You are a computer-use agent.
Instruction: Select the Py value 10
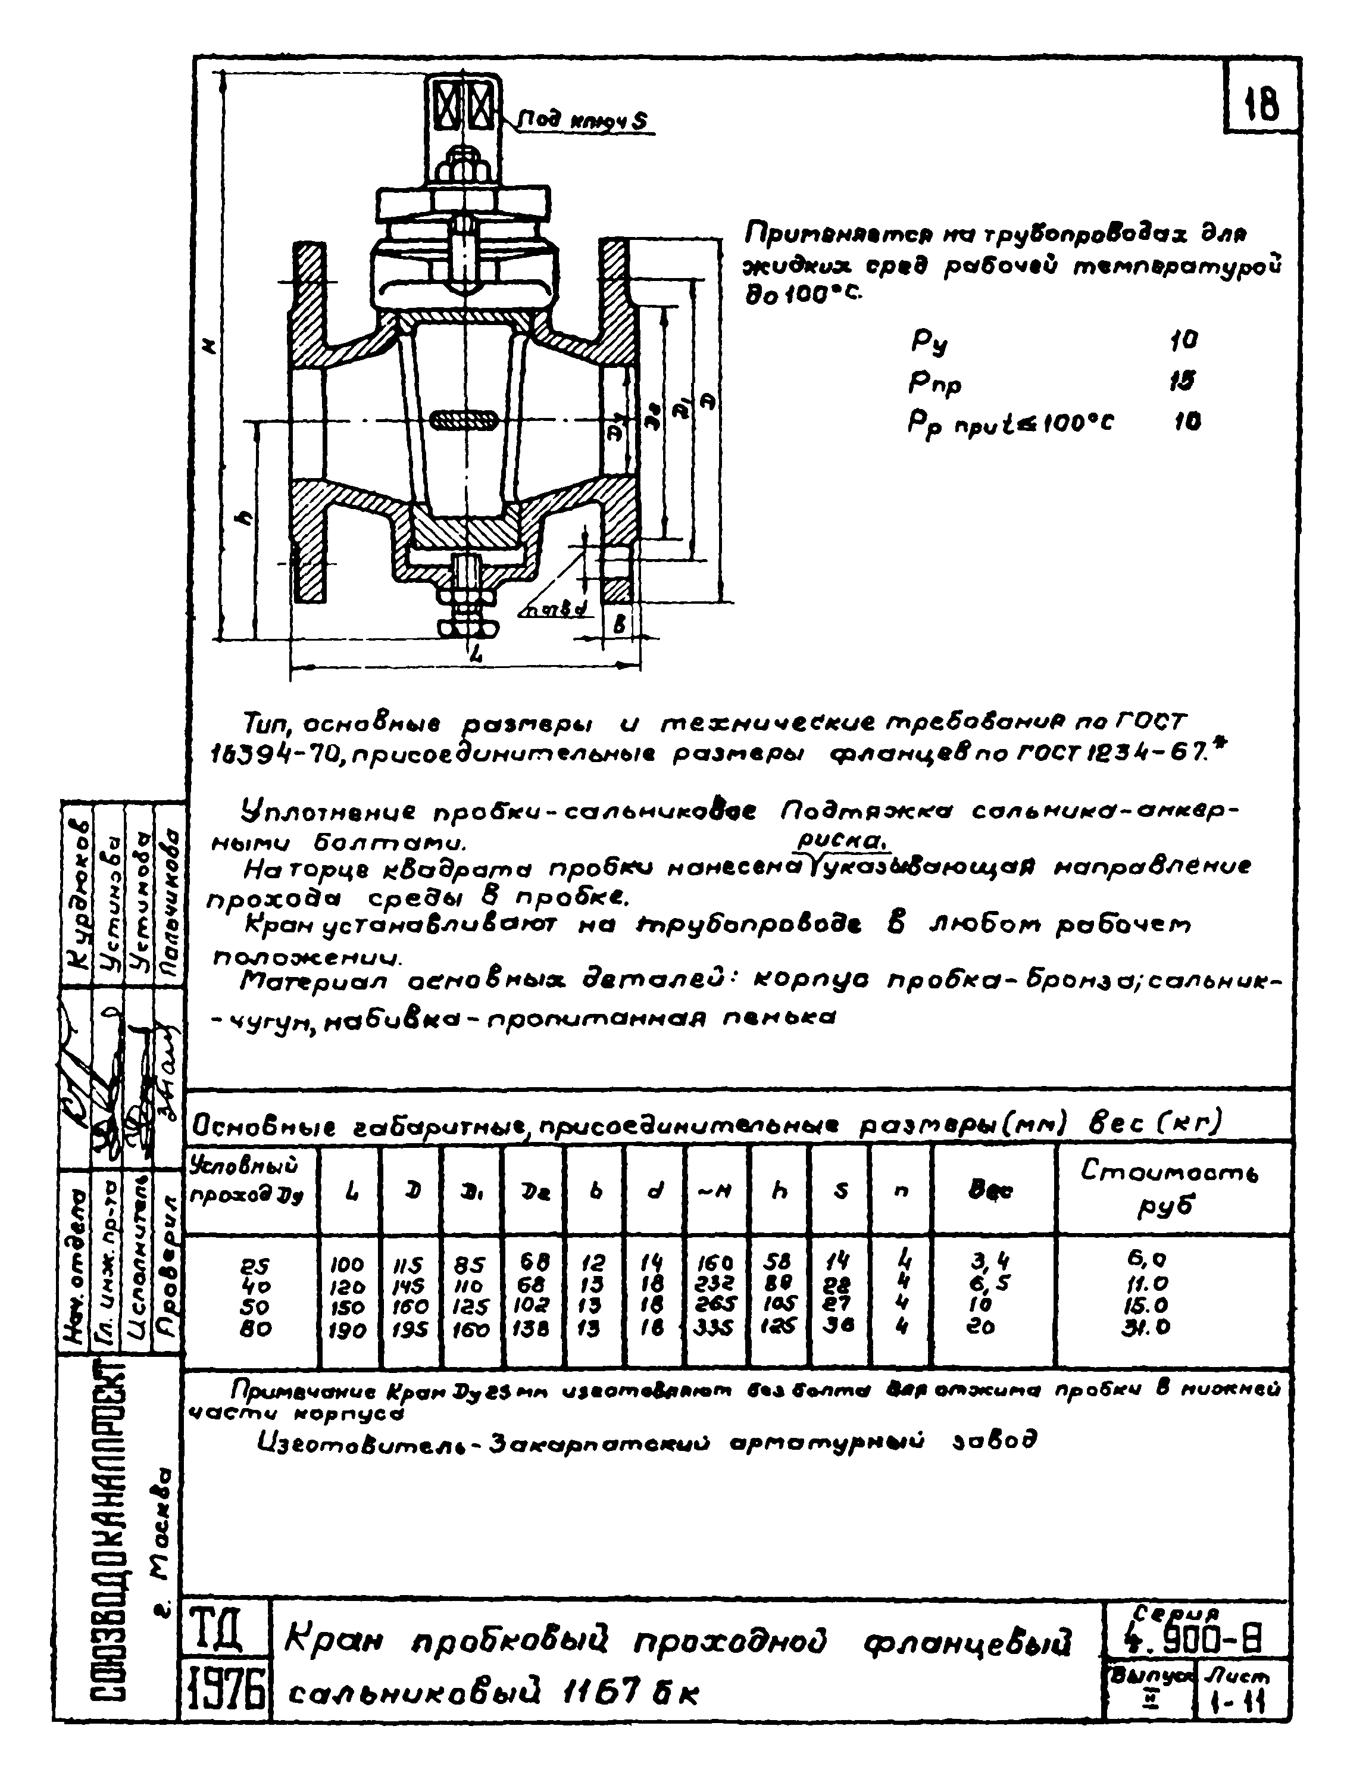point(1183,340)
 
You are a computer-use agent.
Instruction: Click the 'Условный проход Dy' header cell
point(245,1181)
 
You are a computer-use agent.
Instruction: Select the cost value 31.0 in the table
point(1149,1328)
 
